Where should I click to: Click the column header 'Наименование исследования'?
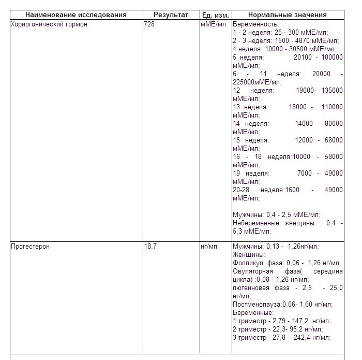point(77,15)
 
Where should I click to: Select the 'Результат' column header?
point(171,15)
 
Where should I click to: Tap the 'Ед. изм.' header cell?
point(215,15)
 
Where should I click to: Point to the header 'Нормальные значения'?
point(288,15)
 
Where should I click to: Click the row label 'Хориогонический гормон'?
point(49,24)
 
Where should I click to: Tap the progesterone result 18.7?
point(150,247)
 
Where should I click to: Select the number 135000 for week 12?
point(331,90)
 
